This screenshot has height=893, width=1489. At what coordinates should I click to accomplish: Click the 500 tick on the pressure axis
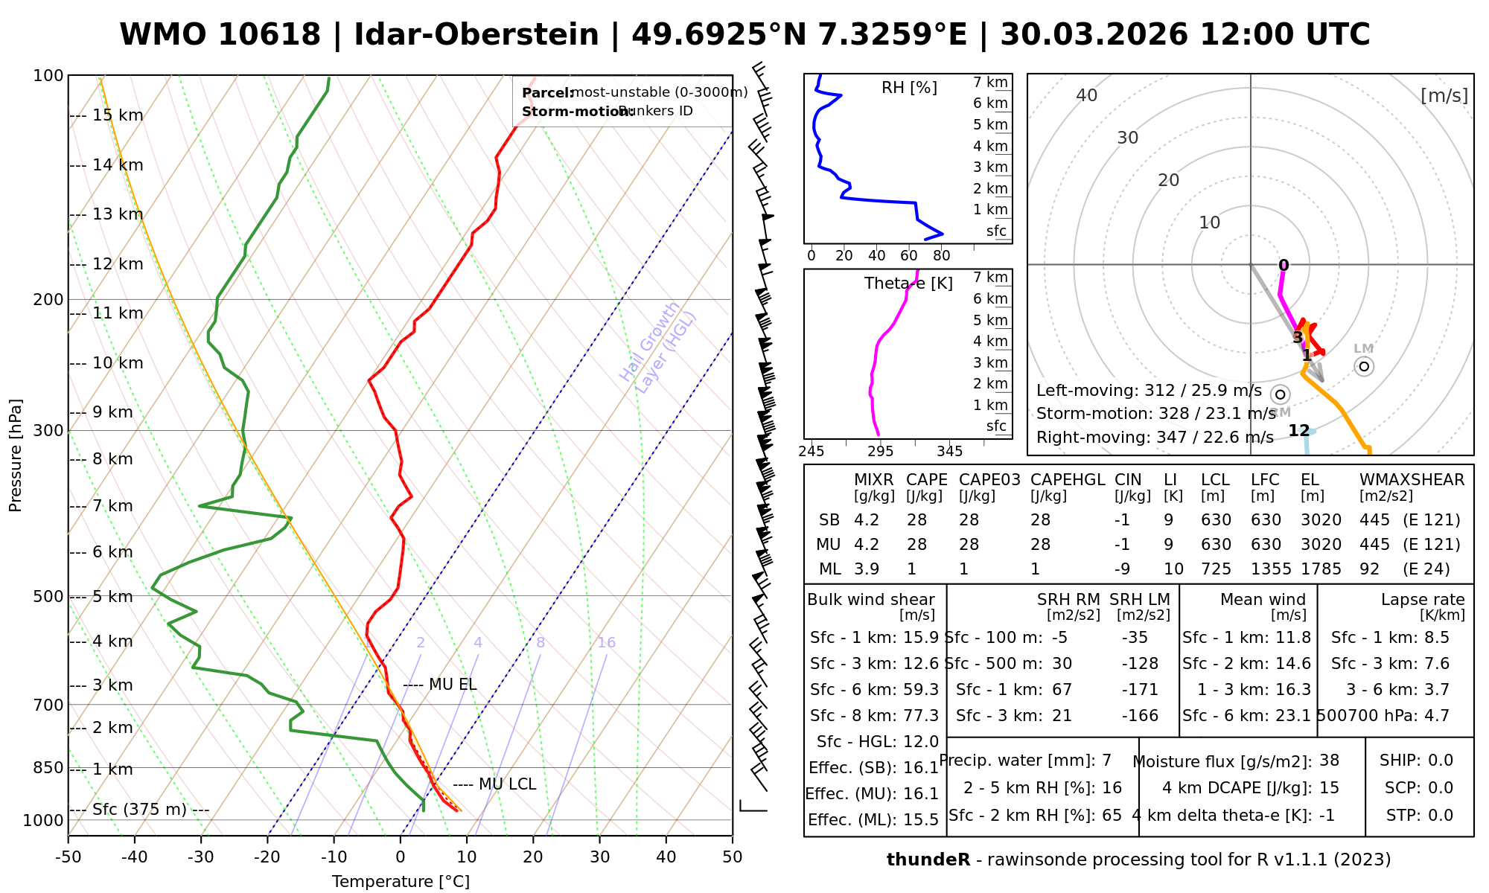(49, 597)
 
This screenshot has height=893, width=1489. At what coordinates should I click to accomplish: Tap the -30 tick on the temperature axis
(201, 857)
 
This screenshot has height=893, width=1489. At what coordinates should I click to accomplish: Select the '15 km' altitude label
(118, 115)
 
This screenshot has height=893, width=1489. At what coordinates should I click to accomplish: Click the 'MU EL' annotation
(453, 685)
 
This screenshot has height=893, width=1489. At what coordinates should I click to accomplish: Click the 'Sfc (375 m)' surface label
(139, 810)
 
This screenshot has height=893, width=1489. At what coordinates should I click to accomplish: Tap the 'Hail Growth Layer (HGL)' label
(658, 347)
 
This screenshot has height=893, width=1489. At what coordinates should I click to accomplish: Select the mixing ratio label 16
(606, 643)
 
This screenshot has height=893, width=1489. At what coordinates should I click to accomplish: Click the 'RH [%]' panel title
(909, 88)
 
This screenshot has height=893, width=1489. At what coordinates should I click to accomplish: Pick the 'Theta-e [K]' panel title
(908, 284)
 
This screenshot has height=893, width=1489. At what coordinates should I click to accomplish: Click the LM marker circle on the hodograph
(1364, 366)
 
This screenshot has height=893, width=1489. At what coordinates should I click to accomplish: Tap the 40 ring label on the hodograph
(1087, 95)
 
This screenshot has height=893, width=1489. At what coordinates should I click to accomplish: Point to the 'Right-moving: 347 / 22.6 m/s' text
(1155, 438)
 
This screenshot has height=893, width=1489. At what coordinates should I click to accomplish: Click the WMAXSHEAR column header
(1412, 480)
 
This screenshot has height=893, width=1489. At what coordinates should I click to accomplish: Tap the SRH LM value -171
(1140, 690)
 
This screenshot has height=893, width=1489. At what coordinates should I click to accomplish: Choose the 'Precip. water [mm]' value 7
(1106, 761)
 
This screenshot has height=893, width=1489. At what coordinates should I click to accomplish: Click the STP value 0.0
(1441, 816)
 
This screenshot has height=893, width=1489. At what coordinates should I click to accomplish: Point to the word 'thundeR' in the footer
(928, 860)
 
